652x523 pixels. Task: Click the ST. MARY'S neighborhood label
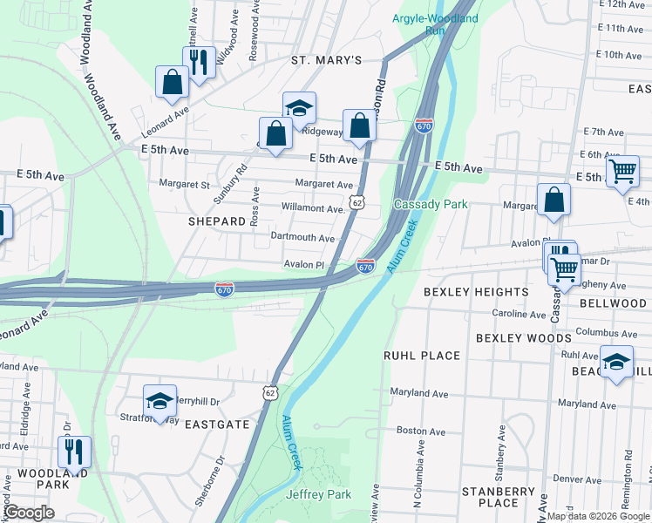tap(326, 60)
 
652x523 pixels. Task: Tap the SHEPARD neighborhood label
tap(217, 221)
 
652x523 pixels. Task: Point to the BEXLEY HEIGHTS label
tap(476, 291)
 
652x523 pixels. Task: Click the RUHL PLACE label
tap(422, 356)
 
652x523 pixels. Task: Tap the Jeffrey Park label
tap(318, 494)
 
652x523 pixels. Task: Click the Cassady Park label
tap(431, 204)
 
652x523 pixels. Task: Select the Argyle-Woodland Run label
tap(422, 24)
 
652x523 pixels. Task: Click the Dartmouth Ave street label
tap(302, 237)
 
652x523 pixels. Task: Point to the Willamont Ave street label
tap(314, 208)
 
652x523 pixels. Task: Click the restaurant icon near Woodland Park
tap(72, 452)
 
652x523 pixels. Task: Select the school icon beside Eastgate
tap(160, 401)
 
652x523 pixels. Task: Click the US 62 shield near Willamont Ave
tap(356, 201)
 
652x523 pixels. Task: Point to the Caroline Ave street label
tap(519, 314)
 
